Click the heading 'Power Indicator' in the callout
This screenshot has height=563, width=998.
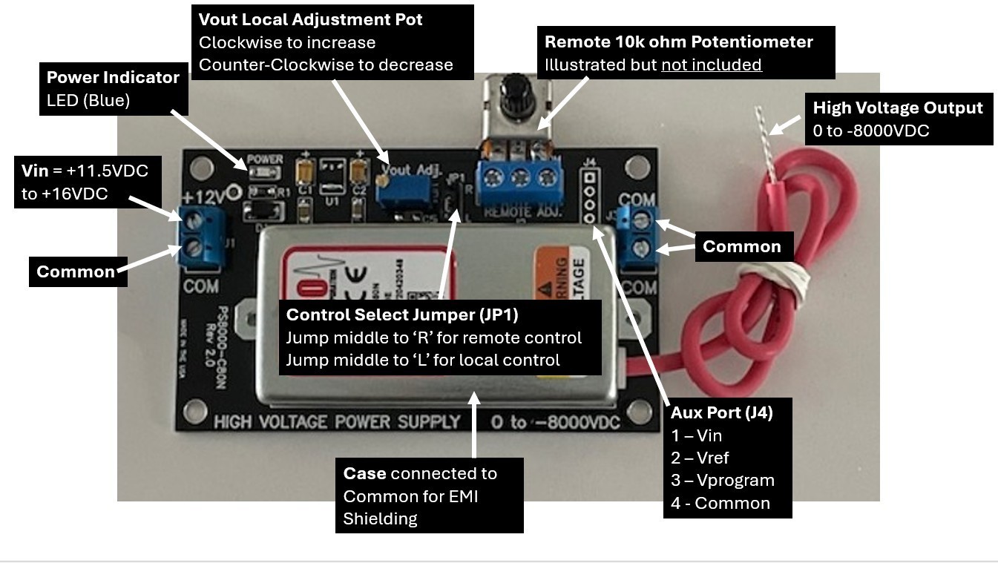(113, 78)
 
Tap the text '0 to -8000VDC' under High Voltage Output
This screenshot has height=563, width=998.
(871, 131)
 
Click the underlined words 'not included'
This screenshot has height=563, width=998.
(711, 65)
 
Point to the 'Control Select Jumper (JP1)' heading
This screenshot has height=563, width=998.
(401, 315)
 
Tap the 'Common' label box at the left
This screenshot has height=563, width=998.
(76, 271)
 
